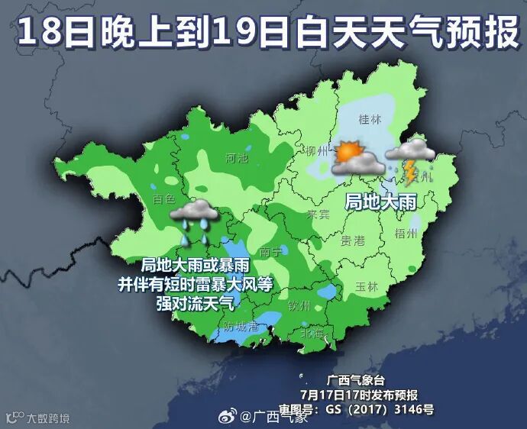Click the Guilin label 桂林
pos(370,119)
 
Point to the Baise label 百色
pos(163,200)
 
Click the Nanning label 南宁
pos(271,252)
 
